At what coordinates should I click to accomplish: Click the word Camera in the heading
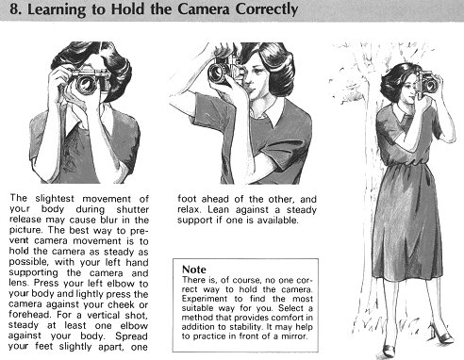click(204, 8)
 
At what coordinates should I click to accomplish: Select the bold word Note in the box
click(194, 270)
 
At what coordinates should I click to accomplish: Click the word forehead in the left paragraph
click(29, 315)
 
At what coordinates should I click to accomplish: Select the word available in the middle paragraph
click(277, 221)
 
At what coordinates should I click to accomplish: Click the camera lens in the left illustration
click(85, 84)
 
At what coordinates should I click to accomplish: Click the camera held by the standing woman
click(426, 83)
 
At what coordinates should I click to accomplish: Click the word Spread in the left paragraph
click(131, 336)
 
